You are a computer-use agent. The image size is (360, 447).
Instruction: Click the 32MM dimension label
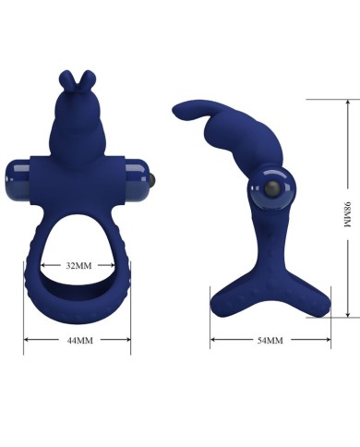click(x=78, y=265)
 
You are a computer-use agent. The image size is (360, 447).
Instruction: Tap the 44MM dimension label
click(x=79, y=340)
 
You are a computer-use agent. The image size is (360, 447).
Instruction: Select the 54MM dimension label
click(x=270, y=340)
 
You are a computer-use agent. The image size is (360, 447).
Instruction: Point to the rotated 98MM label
click(x=347, y=214)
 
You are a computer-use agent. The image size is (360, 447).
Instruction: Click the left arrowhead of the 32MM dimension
click(x=44, y=265)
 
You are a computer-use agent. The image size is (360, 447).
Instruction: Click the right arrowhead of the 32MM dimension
click(x=112, y=265)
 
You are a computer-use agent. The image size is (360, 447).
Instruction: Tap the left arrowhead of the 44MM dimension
click(x=28, y=340)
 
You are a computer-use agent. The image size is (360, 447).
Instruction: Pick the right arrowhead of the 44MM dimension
click(x=127, y=340)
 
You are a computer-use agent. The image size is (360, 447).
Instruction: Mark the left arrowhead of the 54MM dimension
click(x=214, y=340)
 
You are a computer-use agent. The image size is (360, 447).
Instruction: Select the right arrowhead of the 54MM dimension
click(x=328, y=340)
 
